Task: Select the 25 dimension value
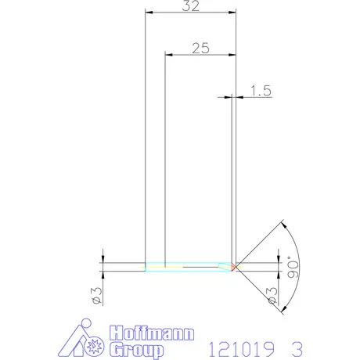click(200, 47)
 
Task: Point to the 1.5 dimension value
click(261, 92)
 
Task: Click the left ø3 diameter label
click(95, 294)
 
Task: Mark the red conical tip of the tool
click(235, 267)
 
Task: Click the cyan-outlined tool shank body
click(188, 266)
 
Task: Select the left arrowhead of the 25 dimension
click(167, 54)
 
